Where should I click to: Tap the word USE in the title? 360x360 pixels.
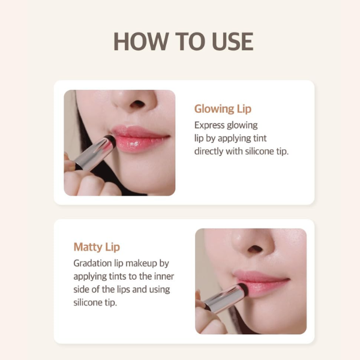click(232, 41)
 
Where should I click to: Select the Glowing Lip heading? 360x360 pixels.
click(223, 109)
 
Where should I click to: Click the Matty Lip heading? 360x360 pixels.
click(97, 247)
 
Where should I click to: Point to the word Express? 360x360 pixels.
click(209, 125)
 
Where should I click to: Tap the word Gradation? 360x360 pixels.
click(93, 263)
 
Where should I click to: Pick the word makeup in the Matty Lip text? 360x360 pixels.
click(141, 264)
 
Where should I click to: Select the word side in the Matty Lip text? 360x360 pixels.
click(81, 290)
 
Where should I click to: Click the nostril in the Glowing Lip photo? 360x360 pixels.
click(137, 104)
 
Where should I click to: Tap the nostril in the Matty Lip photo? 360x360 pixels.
click(256, 249)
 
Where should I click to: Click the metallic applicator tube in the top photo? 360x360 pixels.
click(92, 152)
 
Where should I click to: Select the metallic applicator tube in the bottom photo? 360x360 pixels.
click(220, 298)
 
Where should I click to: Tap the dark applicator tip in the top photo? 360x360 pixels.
click(110, 139)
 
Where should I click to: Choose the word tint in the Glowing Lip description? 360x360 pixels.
click(260, 139)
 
